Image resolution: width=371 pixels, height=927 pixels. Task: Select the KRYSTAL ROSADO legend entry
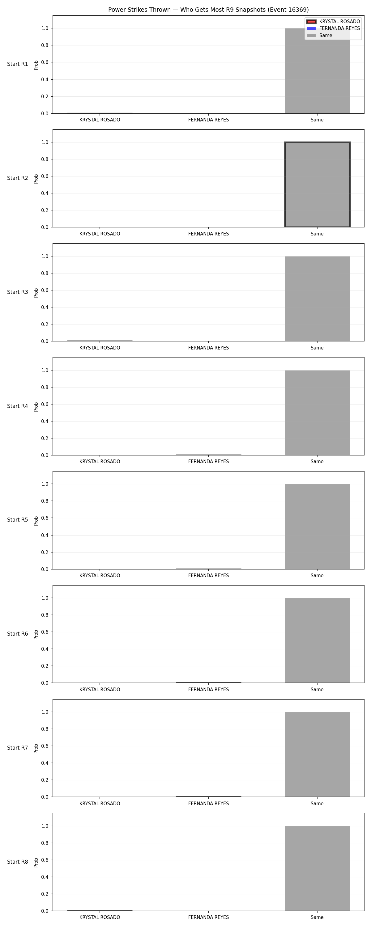[x=333, y=22]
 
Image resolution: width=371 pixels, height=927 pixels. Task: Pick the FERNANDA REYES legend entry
[x=333, y=28]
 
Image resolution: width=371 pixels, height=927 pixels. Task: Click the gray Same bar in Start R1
[x=317, y=71]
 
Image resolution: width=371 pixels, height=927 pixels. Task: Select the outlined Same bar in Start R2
[x=317, y=184]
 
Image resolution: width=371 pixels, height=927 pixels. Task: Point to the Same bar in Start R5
[x=317, y=527]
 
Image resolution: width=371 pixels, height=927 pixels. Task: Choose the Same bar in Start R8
[x=317, y=868]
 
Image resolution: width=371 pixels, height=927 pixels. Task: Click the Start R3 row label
[x=18, y=292]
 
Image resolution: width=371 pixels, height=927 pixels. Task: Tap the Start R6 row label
[x=18, y=634]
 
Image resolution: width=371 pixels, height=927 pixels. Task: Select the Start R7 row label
[x=18, y=748]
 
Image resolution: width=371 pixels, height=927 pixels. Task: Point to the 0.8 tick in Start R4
[x=45, y=387]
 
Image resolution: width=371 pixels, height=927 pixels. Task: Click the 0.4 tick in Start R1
[x=45, y=79]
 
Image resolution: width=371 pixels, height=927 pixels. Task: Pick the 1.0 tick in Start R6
[x=45, y=598]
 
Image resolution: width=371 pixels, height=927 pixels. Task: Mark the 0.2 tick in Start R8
[x=45, y=894]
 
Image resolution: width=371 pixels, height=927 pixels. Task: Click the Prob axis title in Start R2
[x=36, y=179]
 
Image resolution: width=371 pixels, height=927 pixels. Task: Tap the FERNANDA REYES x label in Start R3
[x=209, y=348]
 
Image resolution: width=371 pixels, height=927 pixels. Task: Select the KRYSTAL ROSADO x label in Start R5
[x=100, y=575]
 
